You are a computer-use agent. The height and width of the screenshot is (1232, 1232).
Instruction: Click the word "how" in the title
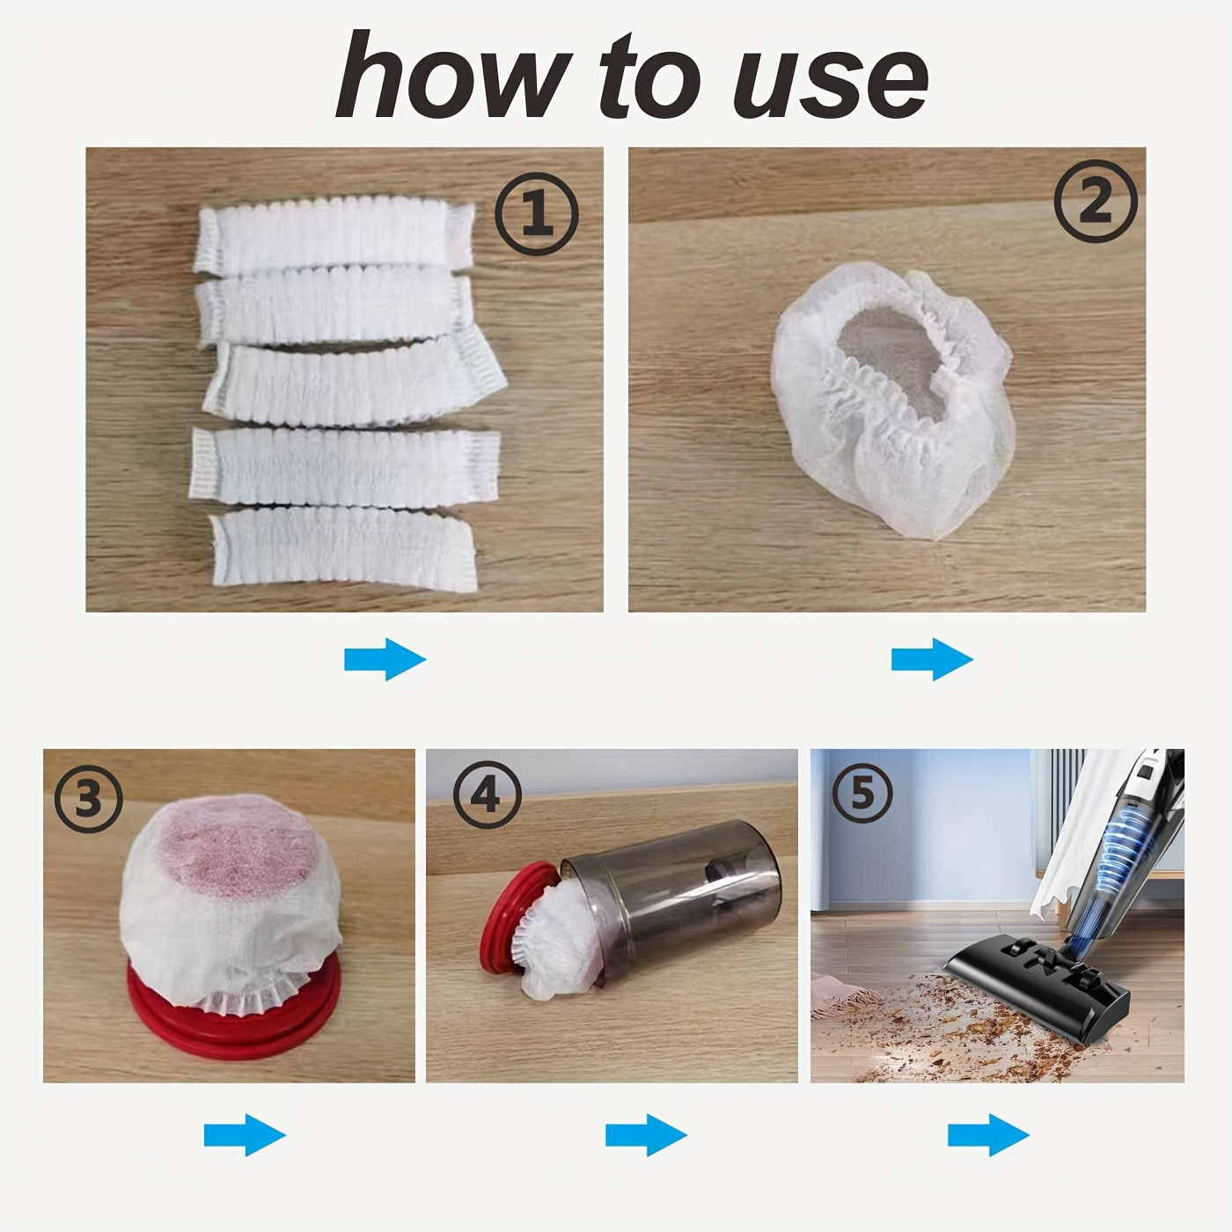pyautogui.click(x=452, y=76)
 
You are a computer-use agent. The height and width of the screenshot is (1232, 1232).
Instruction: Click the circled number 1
pyautogui.click(x=537, y=214)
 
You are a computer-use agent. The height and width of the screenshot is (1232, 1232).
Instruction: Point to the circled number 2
pyautogui.click(x=1096, y=201)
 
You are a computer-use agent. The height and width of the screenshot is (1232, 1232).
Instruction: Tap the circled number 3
pyautogui.click(x=88, y=798)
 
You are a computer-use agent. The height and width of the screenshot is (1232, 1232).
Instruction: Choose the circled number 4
pyautogui.click(x=488, y=795)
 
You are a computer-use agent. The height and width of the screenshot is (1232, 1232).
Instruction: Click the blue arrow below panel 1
pyautogui.click(x=385, y=659)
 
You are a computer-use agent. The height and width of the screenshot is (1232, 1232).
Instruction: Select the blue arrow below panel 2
pyautogui.click(x=932, y=659)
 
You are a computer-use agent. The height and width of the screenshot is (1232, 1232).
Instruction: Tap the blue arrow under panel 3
pyautogui.click(x=245, y=1135)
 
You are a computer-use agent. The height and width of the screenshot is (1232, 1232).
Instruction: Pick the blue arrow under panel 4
pyautogui.click(x=647, y=1135)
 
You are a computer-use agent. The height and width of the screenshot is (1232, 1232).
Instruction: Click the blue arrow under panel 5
pyautogui.click(x=988, y=1135)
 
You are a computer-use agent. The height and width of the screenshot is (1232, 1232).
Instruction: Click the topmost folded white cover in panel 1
pyautogui.click(x=334, y=235)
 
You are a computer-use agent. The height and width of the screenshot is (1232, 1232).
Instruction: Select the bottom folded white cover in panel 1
pyautogui.click(x=344, y=550)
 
